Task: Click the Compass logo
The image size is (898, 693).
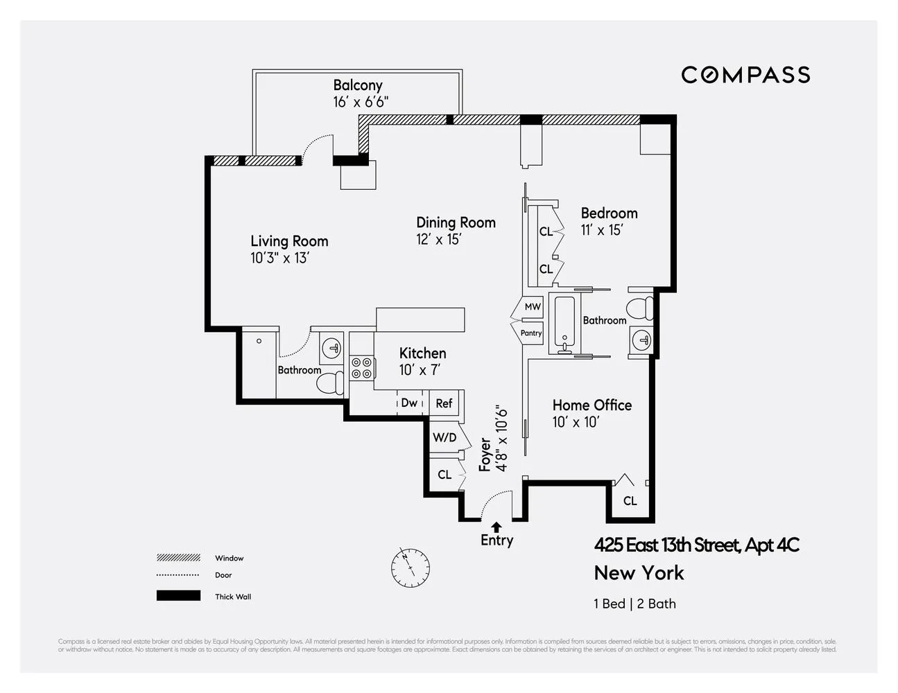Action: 745,75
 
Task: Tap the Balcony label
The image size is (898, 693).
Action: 358,85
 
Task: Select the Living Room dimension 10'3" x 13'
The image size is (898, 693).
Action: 279,258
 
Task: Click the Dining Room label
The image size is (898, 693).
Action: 456,222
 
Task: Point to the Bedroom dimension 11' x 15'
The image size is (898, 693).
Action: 602,230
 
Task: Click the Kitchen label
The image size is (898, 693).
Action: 422,353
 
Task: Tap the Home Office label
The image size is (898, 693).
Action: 592,405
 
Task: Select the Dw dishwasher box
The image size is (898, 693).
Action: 410,403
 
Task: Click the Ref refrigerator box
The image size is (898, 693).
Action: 444,403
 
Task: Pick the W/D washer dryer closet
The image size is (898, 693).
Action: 444,437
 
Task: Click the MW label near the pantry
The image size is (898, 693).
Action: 532,306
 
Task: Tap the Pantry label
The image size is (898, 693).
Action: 531,333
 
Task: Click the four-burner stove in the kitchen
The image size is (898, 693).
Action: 361,367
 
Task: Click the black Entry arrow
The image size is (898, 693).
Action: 497,527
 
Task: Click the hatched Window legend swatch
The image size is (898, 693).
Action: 178,558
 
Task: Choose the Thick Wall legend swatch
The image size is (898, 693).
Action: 178,596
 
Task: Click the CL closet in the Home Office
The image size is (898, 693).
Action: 630,500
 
